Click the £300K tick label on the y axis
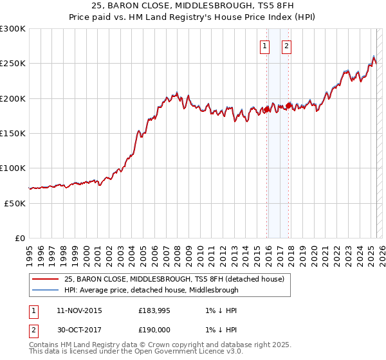click(13, 29)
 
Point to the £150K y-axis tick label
click(13, 133)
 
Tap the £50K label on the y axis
click(15, 203)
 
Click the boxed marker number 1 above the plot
click(265, 46)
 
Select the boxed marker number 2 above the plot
click(286, 46)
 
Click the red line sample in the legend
click(45, 279)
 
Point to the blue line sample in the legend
click(45, 290)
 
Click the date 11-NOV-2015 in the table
click(79, 311)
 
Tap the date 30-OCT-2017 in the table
click(79, 330)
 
